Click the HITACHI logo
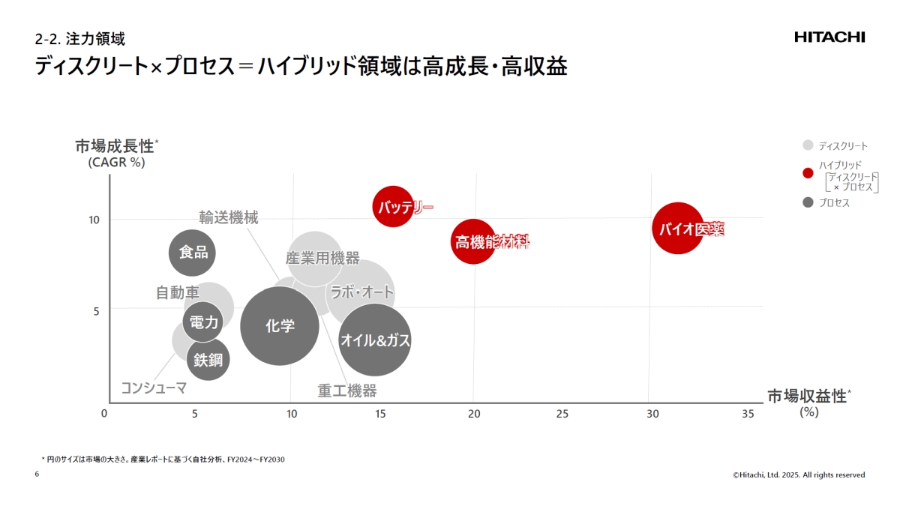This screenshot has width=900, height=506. point(829,37)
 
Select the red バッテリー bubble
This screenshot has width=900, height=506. point(393,207)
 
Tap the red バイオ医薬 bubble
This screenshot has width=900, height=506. point(678,229)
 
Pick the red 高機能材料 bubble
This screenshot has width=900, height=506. point(473,241)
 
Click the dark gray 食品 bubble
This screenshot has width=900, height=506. point(192,252)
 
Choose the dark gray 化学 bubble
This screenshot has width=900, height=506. point(280,326)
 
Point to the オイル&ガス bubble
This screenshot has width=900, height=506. point(375,340)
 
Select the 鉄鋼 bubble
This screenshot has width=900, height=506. point(208,360)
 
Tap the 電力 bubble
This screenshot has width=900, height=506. point(203,322)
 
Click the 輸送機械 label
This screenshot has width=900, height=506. point(229,218)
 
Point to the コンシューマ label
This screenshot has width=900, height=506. point(154,388)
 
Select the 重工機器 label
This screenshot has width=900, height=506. point(346,391)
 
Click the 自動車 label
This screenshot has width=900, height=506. point(178,293)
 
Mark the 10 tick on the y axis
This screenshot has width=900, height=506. point(95,220)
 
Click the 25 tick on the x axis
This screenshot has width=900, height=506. point(562,414)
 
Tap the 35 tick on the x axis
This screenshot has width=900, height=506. point(748,414)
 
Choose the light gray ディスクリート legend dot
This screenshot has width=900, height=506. point(808,145)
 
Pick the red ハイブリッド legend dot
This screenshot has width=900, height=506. point(808,174)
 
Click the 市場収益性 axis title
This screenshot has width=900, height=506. point(807,396)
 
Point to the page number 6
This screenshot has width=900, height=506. point(37,475)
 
